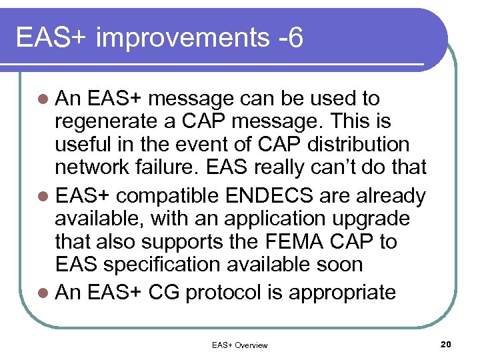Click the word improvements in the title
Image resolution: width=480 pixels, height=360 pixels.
181,39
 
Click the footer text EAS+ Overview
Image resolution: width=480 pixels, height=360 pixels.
239,345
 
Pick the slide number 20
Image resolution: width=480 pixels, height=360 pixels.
446,344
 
